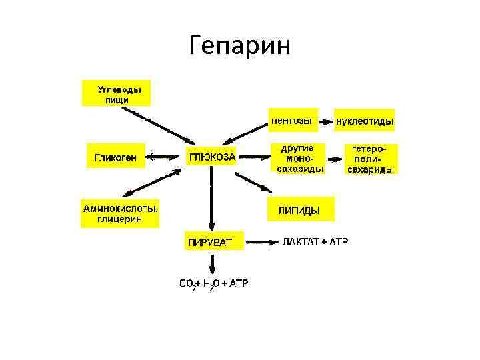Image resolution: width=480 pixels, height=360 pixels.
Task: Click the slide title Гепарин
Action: tap(239, 46)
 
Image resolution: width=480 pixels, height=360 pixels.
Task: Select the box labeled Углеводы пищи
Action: tap(116, 93)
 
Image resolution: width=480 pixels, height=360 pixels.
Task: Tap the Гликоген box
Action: tap(116, 158)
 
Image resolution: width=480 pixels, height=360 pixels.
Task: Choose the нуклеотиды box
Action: tap(364, 122)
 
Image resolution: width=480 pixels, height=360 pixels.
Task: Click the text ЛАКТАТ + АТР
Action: tap(315, 241)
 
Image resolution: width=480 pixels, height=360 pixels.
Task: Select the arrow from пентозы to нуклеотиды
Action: tap(325, 122)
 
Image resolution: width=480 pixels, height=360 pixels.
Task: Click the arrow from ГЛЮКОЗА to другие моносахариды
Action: tap(255, 158)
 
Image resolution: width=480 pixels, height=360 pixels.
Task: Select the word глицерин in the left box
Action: tap(121, 219)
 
